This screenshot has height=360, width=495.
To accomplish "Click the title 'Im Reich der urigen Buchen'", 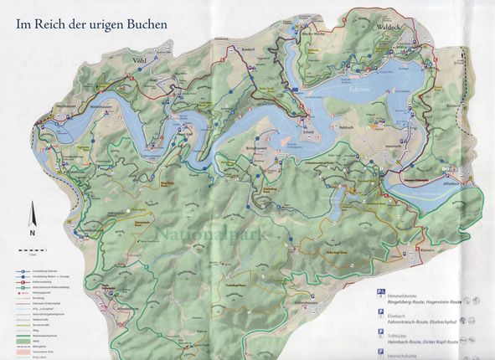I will [x=92, y=24].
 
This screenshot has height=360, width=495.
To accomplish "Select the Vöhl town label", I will [x=139, y=60].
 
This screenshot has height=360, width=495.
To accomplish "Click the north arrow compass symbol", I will [x=33, y=217].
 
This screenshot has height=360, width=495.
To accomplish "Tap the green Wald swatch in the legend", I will [x=18, y=337].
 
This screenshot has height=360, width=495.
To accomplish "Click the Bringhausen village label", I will [x=256, y=147].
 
